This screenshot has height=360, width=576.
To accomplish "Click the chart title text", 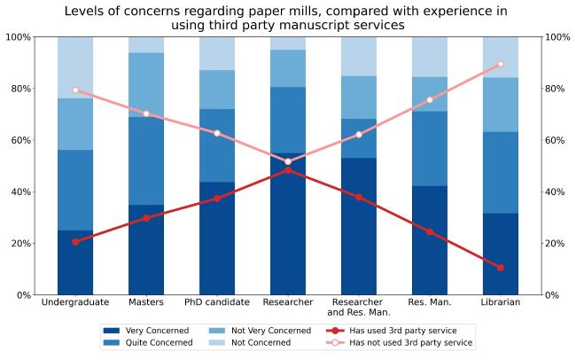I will [287, 19].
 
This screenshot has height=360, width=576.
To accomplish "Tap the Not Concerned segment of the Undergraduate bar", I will [75, 67].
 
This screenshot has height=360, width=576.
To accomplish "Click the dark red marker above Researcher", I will [288, 170].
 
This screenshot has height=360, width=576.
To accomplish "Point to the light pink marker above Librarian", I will [501, 64].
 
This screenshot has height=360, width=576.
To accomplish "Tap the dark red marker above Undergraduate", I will [75, 241].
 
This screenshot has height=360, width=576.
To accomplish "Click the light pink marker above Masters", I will [146, 113].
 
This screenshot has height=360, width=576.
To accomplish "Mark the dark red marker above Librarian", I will [501, 267].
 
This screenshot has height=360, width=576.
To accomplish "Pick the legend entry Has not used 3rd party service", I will [398, 342].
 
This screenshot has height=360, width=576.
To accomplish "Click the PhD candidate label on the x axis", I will [217, 303].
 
